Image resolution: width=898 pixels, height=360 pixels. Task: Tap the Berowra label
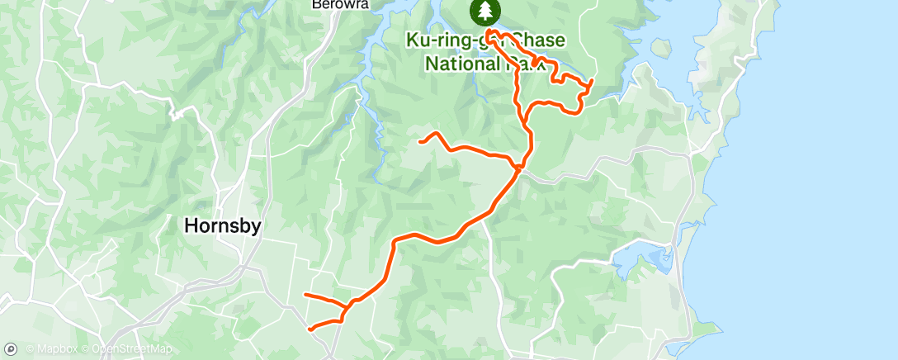tap(339, 4)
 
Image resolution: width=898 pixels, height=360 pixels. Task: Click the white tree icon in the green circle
tap(485, 12)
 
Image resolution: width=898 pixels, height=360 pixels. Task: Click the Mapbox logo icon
tap(12, 349)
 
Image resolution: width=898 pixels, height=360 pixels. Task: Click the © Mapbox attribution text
tap(52, 350)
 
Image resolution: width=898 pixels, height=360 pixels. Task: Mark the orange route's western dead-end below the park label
tap(421, 142)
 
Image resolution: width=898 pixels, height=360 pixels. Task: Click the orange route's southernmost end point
tap(310, 329)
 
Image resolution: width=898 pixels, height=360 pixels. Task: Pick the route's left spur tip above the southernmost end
tap(305, 294)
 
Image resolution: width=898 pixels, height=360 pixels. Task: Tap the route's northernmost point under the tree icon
tap(489, 31)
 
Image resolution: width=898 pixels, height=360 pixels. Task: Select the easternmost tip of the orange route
tap(593, 81)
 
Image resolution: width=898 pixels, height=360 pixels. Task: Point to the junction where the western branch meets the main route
tap(518, 167)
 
